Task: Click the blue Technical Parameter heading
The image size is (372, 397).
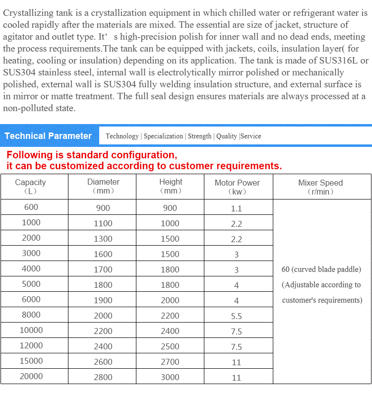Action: [x=48, y=136]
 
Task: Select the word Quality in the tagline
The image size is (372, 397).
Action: [x=227, y=136]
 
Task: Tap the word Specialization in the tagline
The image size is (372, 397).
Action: [x=163, y=136]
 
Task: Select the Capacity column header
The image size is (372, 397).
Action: [x=30, y=186]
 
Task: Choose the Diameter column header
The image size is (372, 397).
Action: [x=103, y=186]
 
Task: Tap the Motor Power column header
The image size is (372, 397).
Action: [x=237, y=187]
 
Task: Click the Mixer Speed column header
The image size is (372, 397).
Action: [x=320, y=187]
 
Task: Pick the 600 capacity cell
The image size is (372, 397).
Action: [x=31, y=207]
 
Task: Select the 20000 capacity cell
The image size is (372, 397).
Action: [x=31, y=376]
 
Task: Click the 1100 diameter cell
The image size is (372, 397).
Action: [x=103, y=223]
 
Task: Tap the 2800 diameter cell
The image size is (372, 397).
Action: [x=103, y=377]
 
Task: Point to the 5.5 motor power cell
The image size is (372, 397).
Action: [x=237, y=316]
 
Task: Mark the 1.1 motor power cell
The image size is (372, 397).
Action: [x=237, y=208]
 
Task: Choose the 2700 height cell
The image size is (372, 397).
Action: [x=170, y=362]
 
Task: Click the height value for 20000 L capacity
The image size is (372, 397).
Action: [x=170, y=377]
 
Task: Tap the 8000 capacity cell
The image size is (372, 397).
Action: [x=31, y=315]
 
